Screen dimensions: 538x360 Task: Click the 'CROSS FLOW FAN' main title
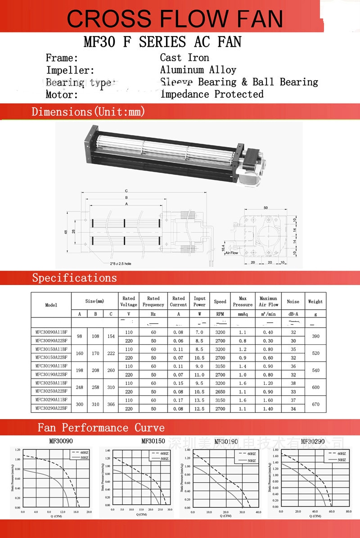click(x=175, y=19)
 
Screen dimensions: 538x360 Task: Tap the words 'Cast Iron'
click(x=184, y=58)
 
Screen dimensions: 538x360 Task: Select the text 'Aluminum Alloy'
click(x=198, y=70)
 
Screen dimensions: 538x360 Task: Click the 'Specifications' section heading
click(x=74, y=278)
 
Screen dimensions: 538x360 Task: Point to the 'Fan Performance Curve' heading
click(x=101, y=427)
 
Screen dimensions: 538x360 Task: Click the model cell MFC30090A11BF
click(x=51, y=332)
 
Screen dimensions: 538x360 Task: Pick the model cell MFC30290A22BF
click(x=51, y=408)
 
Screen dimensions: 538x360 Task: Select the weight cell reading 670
click(x=315, y=404)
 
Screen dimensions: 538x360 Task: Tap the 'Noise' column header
click(x=293, y=302)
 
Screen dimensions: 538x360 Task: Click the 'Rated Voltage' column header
click(x=129, y=301)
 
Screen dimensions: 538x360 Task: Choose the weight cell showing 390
click(x=315, y=336)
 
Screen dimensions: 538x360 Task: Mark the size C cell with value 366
click(x=110, y=404)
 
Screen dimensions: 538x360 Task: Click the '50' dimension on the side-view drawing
click(x=265, y=208)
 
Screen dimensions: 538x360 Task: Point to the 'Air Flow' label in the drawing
click(x=231, y=253)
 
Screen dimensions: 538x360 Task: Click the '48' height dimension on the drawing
click(x=65, y=232)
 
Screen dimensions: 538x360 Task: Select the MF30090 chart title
click(x=61, y=442)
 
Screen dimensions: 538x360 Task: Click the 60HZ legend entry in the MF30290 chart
click(x=340, y=453)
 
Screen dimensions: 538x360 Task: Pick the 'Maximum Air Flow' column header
click(x=269, y=301)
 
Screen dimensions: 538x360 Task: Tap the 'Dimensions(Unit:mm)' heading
click(x=88, y=112)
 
